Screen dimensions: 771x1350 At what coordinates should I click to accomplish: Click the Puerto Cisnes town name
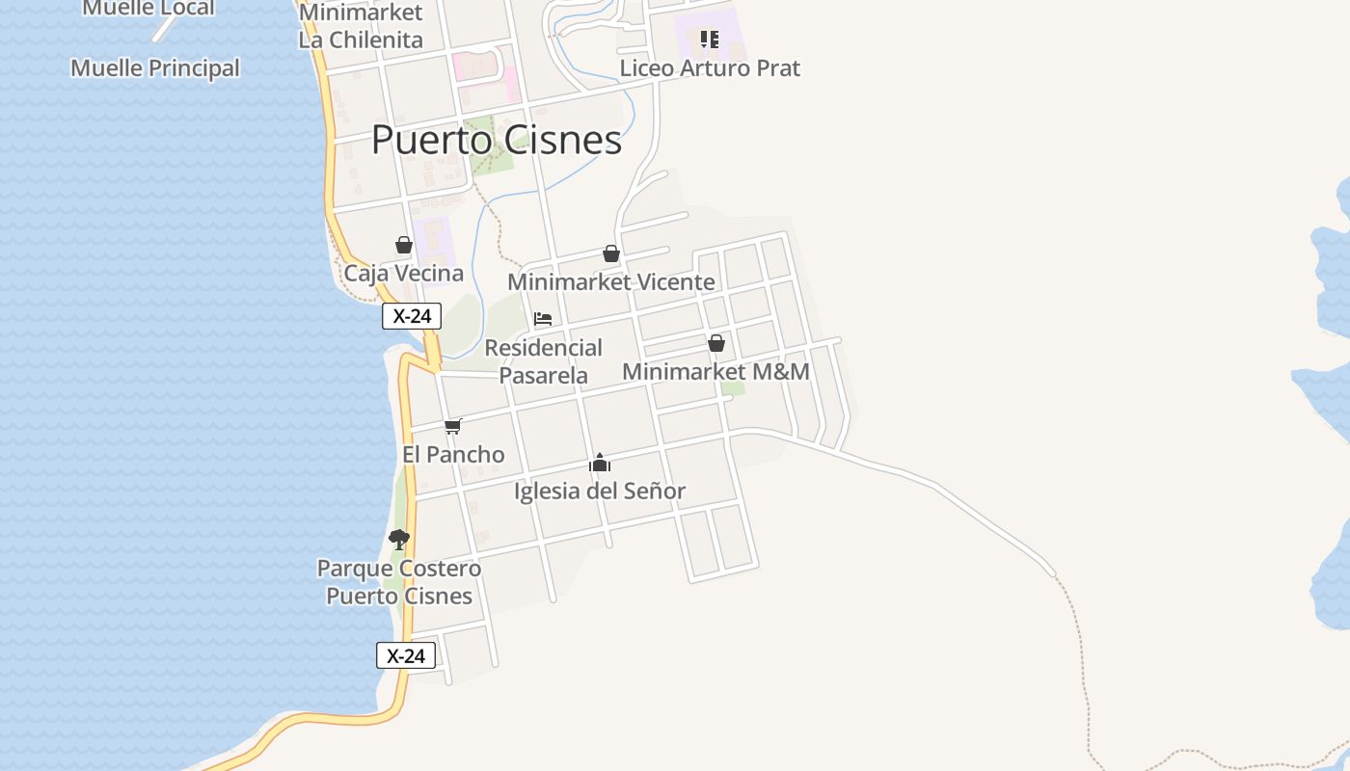(497, 141)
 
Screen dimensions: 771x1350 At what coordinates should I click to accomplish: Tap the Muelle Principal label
(155, 68)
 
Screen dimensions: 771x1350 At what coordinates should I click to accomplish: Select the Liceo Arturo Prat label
(710, 68)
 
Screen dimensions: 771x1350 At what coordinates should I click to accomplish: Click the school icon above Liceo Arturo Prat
(710, 40)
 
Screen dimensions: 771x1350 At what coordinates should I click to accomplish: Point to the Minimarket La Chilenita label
(361, 27)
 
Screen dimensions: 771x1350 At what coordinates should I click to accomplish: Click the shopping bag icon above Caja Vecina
(404, 246)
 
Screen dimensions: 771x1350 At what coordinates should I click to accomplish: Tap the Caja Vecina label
(404, 274)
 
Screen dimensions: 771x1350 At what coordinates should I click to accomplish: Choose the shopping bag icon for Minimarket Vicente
(610, 253)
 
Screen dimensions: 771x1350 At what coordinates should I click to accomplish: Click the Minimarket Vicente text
(610, 282)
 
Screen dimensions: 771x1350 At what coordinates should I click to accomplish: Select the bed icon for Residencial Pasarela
(543, 319)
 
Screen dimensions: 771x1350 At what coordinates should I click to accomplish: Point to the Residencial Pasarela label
(543, 361)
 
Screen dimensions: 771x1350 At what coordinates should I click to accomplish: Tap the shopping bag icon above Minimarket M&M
(716, 343)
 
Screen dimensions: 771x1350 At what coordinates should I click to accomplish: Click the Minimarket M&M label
(715, 372)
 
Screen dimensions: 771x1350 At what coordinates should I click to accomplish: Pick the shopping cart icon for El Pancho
(453, 426)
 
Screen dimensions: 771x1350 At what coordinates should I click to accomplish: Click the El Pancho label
(453, 455)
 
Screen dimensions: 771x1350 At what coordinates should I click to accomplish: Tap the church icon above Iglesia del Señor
(600, 464)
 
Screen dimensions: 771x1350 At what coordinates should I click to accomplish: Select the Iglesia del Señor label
(600, 492)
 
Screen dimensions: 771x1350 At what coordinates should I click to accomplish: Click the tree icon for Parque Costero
(399, 540)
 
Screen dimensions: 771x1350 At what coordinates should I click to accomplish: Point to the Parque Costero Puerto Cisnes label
(399, 582)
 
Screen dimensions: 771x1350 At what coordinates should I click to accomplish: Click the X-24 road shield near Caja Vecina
(412, 316)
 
